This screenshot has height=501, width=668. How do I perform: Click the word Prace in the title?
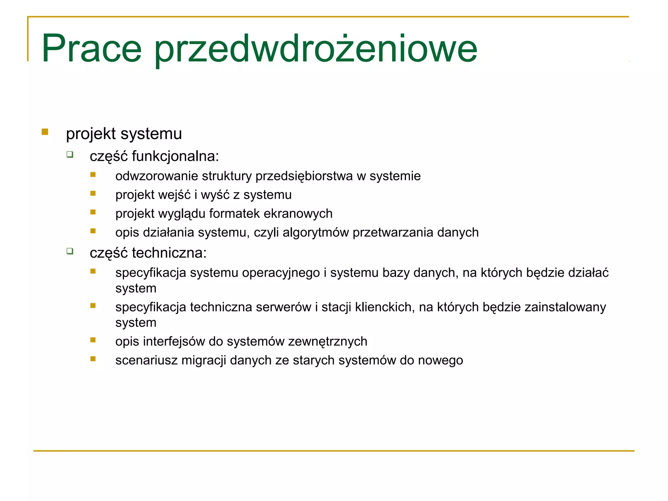(x=92, y=49)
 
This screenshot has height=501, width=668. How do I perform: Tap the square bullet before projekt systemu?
(x=45, y=132)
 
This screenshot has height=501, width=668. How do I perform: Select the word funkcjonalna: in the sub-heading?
(x=175, y=156)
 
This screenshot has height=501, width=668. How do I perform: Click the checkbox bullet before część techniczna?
(x=70, y=251)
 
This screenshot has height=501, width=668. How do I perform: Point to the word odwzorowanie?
(x=157, y=176)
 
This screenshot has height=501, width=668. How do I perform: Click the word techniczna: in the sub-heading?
(x=169, y=253)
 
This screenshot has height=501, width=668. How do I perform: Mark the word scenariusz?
(x=146, y=360)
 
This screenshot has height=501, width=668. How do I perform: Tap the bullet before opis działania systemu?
(x=93, y=231)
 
